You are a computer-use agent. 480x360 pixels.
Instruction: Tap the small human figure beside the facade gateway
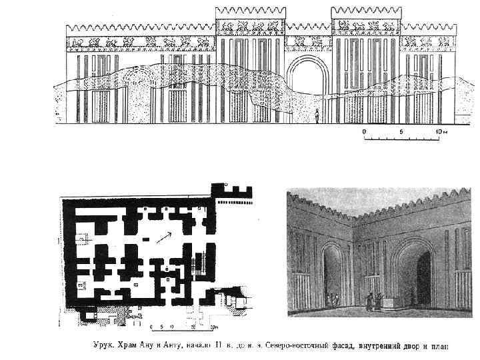pyautogui.click(x=317, y=114)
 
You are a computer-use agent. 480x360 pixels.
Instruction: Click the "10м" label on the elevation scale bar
pyautogui.click(x=441, y=132)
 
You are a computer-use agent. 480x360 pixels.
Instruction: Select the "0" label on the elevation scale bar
pyautogui.click(x=364, y=132)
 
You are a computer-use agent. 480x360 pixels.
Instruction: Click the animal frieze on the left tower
pyautogui.click(x=250, y=27)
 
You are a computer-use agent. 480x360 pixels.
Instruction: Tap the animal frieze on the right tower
pyautogui.click(x=366, y=27)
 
